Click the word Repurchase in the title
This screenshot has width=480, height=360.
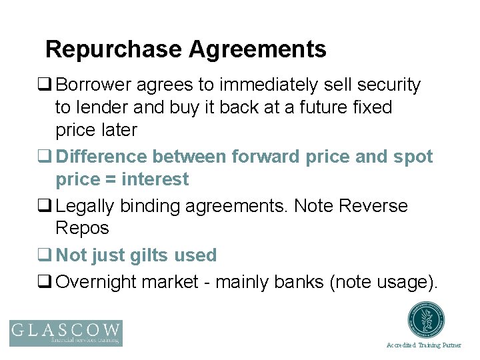[113, 49]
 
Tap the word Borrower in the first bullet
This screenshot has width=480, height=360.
[93, 85]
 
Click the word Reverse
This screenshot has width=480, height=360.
[373, 206]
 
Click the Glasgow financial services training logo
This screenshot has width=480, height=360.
[65, 333]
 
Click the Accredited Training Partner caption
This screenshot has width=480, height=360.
[423, 345]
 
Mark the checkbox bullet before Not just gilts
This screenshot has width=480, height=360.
[47, 255]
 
